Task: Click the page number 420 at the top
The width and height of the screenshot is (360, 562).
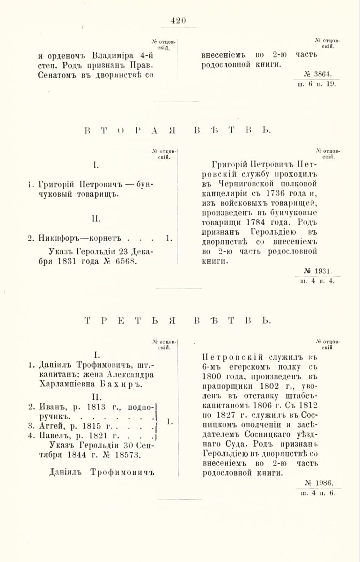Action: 179,20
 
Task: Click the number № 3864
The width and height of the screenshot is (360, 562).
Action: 318,74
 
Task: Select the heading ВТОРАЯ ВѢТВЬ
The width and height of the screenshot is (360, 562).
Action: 180,130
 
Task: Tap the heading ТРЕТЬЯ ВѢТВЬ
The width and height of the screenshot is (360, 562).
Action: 180,320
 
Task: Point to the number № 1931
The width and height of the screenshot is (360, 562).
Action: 318,271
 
